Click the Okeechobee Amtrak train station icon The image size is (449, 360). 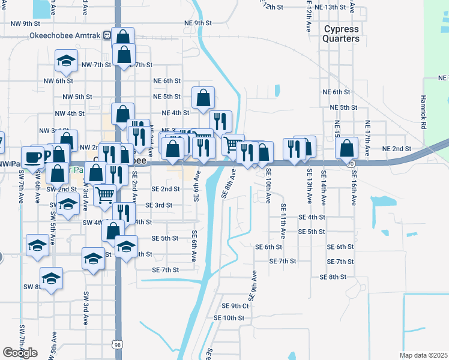pos(107,35)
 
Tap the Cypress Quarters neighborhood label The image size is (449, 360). pos(341,34)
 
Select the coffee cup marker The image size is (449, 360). pos(33,157)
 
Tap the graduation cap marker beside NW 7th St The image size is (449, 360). pos(66,60)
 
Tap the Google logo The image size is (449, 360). pos(20,353)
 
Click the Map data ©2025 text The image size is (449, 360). pos(423,355)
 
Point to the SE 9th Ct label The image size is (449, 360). pos(235,306)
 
